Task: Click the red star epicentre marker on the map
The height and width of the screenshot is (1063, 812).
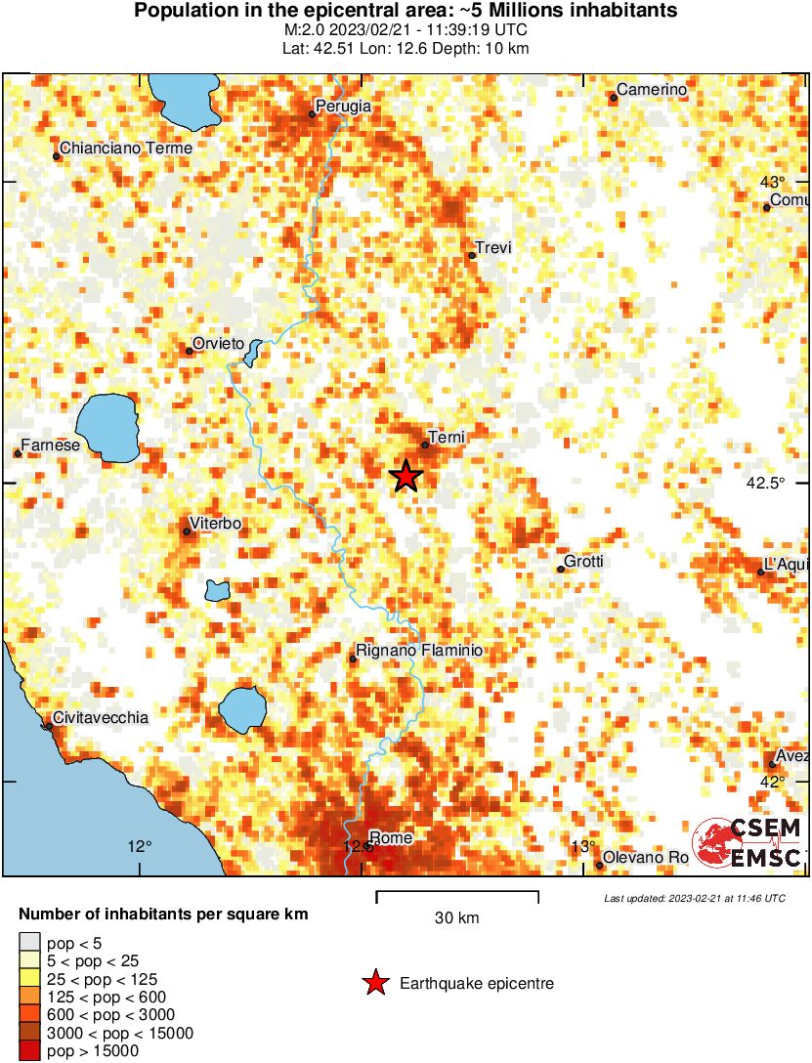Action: pos(406,476)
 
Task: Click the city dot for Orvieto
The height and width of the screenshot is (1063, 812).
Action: pos(189,351)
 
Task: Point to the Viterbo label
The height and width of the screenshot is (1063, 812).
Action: pos(216,524)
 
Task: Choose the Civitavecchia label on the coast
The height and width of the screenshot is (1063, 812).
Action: pos(101,717)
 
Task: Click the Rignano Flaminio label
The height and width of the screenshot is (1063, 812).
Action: pos(418,650)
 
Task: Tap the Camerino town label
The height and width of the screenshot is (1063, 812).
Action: pos(652,90)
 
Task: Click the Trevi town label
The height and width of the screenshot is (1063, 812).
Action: pos(492,248)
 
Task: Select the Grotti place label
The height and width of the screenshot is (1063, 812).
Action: pos(583,561)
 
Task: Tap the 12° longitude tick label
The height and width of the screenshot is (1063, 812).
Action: pos(140,846)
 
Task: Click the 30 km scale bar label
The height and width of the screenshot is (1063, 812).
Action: pos(456,917)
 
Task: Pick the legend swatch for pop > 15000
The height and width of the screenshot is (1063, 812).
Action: pos(30,1050)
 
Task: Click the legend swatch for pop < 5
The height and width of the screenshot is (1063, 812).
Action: pos(30,942)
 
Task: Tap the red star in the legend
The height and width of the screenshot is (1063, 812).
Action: pos(375,984)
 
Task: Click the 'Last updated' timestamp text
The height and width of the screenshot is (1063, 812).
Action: pos(694,898)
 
